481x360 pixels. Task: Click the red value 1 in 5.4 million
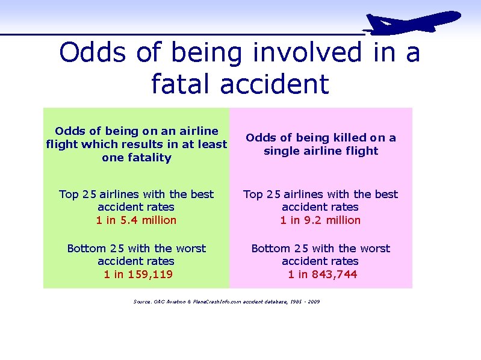coord(136,220)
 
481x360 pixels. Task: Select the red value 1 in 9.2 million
coord(320,220)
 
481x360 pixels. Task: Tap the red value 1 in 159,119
coord(138,275)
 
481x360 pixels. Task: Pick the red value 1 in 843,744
coord(323,275)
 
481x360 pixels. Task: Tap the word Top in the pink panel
coord(253,194)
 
